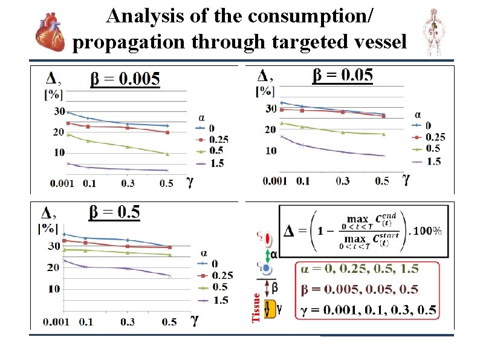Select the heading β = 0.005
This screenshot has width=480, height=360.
pyautogui.click(x=125, y=79)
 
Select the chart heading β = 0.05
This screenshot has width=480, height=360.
pyautogui.click(x=342, y=75)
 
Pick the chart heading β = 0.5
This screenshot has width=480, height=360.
pyautogui.click(x=114, y=212)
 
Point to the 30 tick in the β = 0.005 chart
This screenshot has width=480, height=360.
pyautogui.click(x=59, y=111)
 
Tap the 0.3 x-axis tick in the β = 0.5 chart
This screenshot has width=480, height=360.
pyautogui.click(x=128, y=322)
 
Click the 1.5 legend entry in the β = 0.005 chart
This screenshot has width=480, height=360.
pyautogui.click(x=210, y=163)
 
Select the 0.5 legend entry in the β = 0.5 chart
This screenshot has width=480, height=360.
pyautogui.click(x=213, y=287)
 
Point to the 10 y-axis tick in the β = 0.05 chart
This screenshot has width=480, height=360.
pyautogui.click(x=271, y=150)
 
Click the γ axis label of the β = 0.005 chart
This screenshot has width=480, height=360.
pyautogui.click(x=189, y=181)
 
